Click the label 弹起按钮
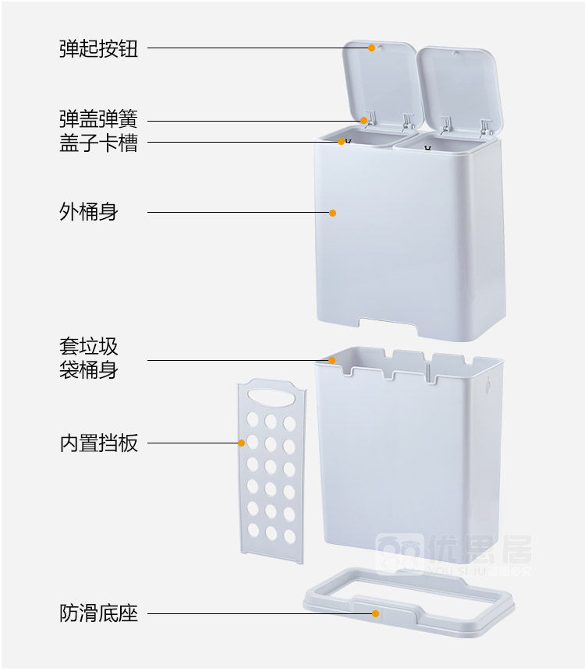pyautogui.click(x=98, y=48)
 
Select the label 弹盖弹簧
pyautogui.click(x=98, y=120)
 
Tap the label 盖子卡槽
pyautogui.click(x=98, y=143)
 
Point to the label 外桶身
pyautogui.click(x=88, y=212)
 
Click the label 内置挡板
pyautogui.click(x=98, y=443)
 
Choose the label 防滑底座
pyautogui.click(x=98, y=613)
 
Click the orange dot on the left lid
pyautogui.click(x=372, y=48)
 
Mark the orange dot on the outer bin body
pyautogui.click(x=332, y=212)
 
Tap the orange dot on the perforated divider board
pyautogui.click(x=242, y=443)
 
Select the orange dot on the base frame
pyautogui.click(x=375, y=613)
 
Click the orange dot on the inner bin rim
pyautogui.click(x=332, y=360)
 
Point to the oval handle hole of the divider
pyautogui.click(x=274, y=397)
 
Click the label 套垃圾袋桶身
pyautogui.click(x=88, y=358)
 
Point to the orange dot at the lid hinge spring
pyautogui.click(x=364, y=120)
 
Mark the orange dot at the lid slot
pyautogui.click(x=342, y=142)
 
